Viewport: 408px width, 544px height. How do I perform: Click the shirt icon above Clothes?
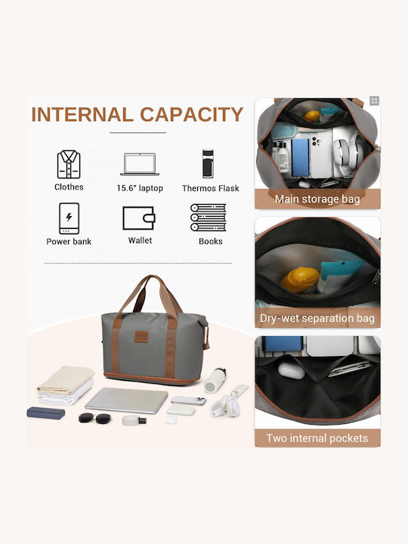pos(69,165)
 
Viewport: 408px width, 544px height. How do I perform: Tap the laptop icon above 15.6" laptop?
pos(140,164)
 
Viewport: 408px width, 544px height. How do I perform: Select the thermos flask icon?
pos(208,163)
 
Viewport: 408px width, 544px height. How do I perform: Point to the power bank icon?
pos(69,218)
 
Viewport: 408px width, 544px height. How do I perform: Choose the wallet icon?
pos(139,218)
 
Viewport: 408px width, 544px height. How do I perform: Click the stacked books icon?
pos(209,218)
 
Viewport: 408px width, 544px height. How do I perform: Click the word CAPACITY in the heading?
pos(191,115)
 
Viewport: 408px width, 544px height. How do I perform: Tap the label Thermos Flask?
pos(211,188)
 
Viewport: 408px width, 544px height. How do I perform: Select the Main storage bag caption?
pos(317,199)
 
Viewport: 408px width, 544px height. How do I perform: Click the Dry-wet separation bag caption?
pos(317,318)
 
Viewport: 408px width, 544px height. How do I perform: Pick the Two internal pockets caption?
pos(317,438)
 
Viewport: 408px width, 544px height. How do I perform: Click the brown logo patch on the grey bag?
pos(141,337)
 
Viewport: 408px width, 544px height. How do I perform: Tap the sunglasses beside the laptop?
pos(95,418)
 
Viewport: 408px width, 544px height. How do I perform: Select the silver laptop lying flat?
pos(127,400)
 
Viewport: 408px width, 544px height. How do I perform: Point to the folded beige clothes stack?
pos(66,385)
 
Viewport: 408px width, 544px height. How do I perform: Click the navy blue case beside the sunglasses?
pos(46,413)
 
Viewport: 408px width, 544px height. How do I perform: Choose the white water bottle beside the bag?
pos(215,380)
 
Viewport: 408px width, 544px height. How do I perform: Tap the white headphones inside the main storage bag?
pos(348,152)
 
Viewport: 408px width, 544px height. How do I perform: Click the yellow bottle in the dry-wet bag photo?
pos(300,280)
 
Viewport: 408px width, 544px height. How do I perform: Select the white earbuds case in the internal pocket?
pos(291,371)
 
